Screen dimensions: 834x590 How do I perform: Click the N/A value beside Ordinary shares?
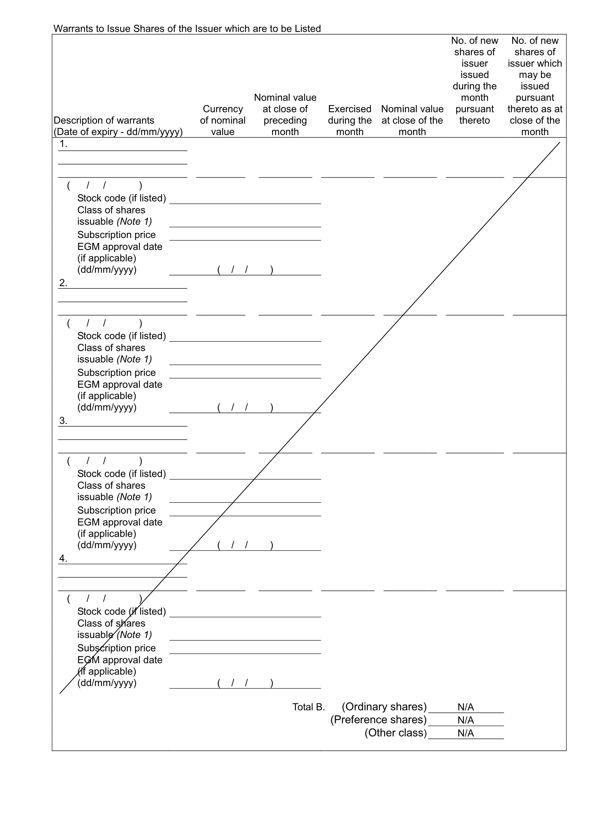(465, 707)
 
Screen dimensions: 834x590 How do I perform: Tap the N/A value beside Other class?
(465, 733)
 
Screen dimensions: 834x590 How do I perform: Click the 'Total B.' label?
(309, 707)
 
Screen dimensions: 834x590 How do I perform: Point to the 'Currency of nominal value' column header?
(223, 120)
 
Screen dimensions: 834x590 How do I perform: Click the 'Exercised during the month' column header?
(350, 120)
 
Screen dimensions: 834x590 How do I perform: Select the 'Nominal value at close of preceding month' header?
(285, 114)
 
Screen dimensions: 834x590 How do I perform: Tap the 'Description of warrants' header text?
(104, 120)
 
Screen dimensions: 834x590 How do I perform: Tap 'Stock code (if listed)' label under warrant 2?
(121, 336)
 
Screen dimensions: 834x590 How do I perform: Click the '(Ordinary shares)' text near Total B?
(384, 707)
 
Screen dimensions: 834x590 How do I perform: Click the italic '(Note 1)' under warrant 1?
(134, 221)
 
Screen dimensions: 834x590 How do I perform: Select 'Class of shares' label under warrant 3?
(111, 485)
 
